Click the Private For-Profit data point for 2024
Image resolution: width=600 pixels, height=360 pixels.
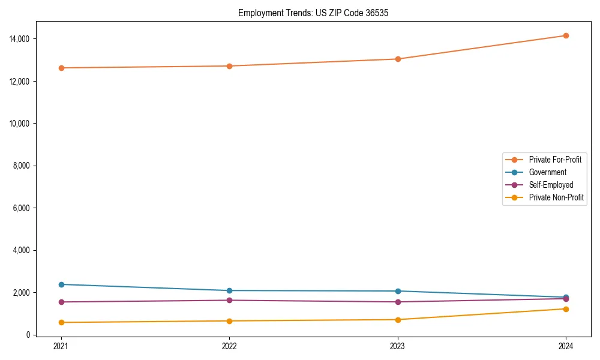pos(566,35)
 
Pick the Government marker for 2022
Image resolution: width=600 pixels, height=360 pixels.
pos(229,290)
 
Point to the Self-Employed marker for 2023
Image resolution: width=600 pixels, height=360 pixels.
pos(398,302)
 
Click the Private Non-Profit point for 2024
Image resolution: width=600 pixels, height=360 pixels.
pos(566,309)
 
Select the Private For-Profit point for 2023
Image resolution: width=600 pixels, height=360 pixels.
pos(398,59)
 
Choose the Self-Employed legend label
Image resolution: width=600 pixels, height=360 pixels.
pos(551,185)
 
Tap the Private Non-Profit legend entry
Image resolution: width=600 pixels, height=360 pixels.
pos(556,197)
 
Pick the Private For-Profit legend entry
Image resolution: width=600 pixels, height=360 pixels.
pos(554,160)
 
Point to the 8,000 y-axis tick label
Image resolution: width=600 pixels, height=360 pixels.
pos(23,166)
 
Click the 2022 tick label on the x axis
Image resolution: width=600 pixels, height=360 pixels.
pos(229,346)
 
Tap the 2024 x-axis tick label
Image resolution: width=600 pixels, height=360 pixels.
pos(566,346)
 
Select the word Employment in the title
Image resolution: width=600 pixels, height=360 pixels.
pos(258,13)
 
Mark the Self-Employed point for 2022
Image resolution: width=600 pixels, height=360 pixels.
pos(229,300)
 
